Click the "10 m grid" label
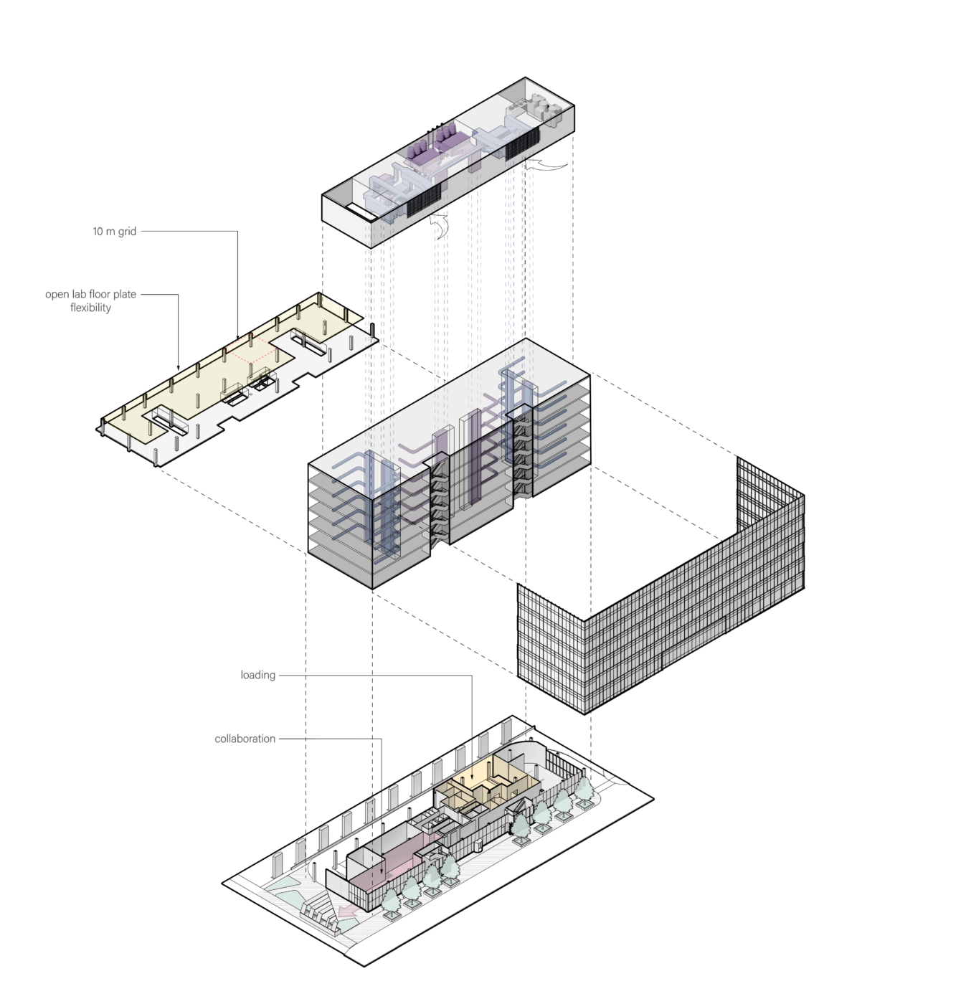point(115,231)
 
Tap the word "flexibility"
point(91,308)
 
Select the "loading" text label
point(257,675)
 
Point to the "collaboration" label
point(245,739)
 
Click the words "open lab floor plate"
point(91,294)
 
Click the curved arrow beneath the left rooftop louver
point(440,225)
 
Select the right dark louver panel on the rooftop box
point(522,143)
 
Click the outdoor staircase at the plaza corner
point(320,915)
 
